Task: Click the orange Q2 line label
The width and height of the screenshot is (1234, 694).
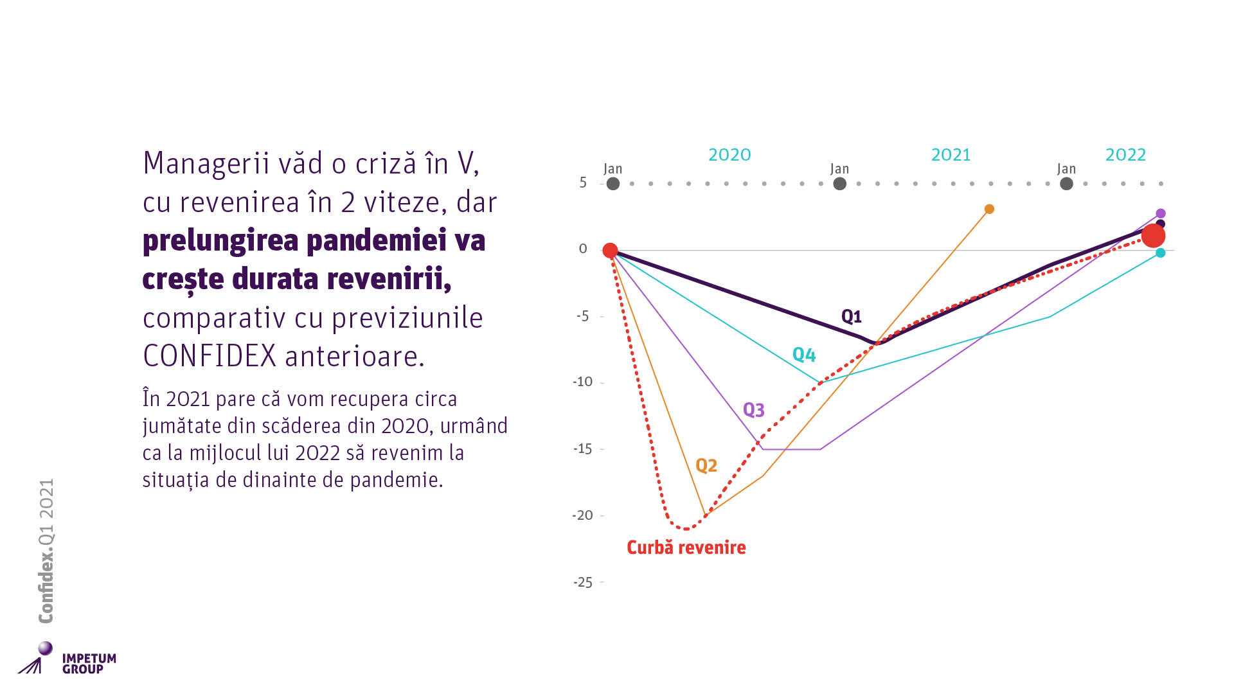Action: pyautogui.click(x=706, y=465)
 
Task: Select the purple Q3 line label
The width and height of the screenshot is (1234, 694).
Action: pyautogui.click(x=753, y=410)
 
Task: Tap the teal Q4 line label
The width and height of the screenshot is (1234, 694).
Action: pyautogui.click(x=803, y=355)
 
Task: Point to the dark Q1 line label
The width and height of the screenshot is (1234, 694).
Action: pyautogui.click(x=851, y=316)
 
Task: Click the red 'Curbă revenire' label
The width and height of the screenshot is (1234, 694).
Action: pyautogui.click(x=686, y=547)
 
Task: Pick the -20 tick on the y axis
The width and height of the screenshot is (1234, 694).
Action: pyautogui.click(x=583, y=515)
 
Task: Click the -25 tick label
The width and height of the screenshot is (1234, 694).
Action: pyautogui.click(x=583, y=582)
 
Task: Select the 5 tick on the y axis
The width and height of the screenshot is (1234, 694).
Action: pyautogui.click(x=583, y=182)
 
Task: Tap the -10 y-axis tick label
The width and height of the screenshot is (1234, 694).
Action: pyautogui.click(x=583, y=382)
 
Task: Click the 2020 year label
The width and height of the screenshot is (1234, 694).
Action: pyautogui.click(x=729, y=155)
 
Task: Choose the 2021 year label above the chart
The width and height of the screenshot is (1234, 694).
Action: pyautogui.click(x=951, y=155)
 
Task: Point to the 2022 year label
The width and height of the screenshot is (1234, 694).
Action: pyautogui.click(x=1125, y=155)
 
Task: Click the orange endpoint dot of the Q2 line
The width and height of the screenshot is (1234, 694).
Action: pyautogui.click(x=989, y=209)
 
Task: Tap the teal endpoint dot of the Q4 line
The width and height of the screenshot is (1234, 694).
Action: pyautogui.click(x=1160, y=253)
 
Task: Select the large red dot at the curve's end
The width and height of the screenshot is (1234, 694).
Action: pyautogui.click(x=1153, y=236)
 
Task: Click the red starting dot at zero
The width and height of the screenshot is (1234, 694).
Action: pyautogui.click(x=610, y=250)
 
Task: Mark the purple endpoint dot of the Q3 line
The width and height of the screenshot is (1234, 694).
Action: pyautogui.click(x=1161, y=213)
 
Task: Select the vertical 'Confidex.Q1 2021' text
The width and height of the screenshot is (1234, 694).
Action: pyautogui.click(x=46, y=551)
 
